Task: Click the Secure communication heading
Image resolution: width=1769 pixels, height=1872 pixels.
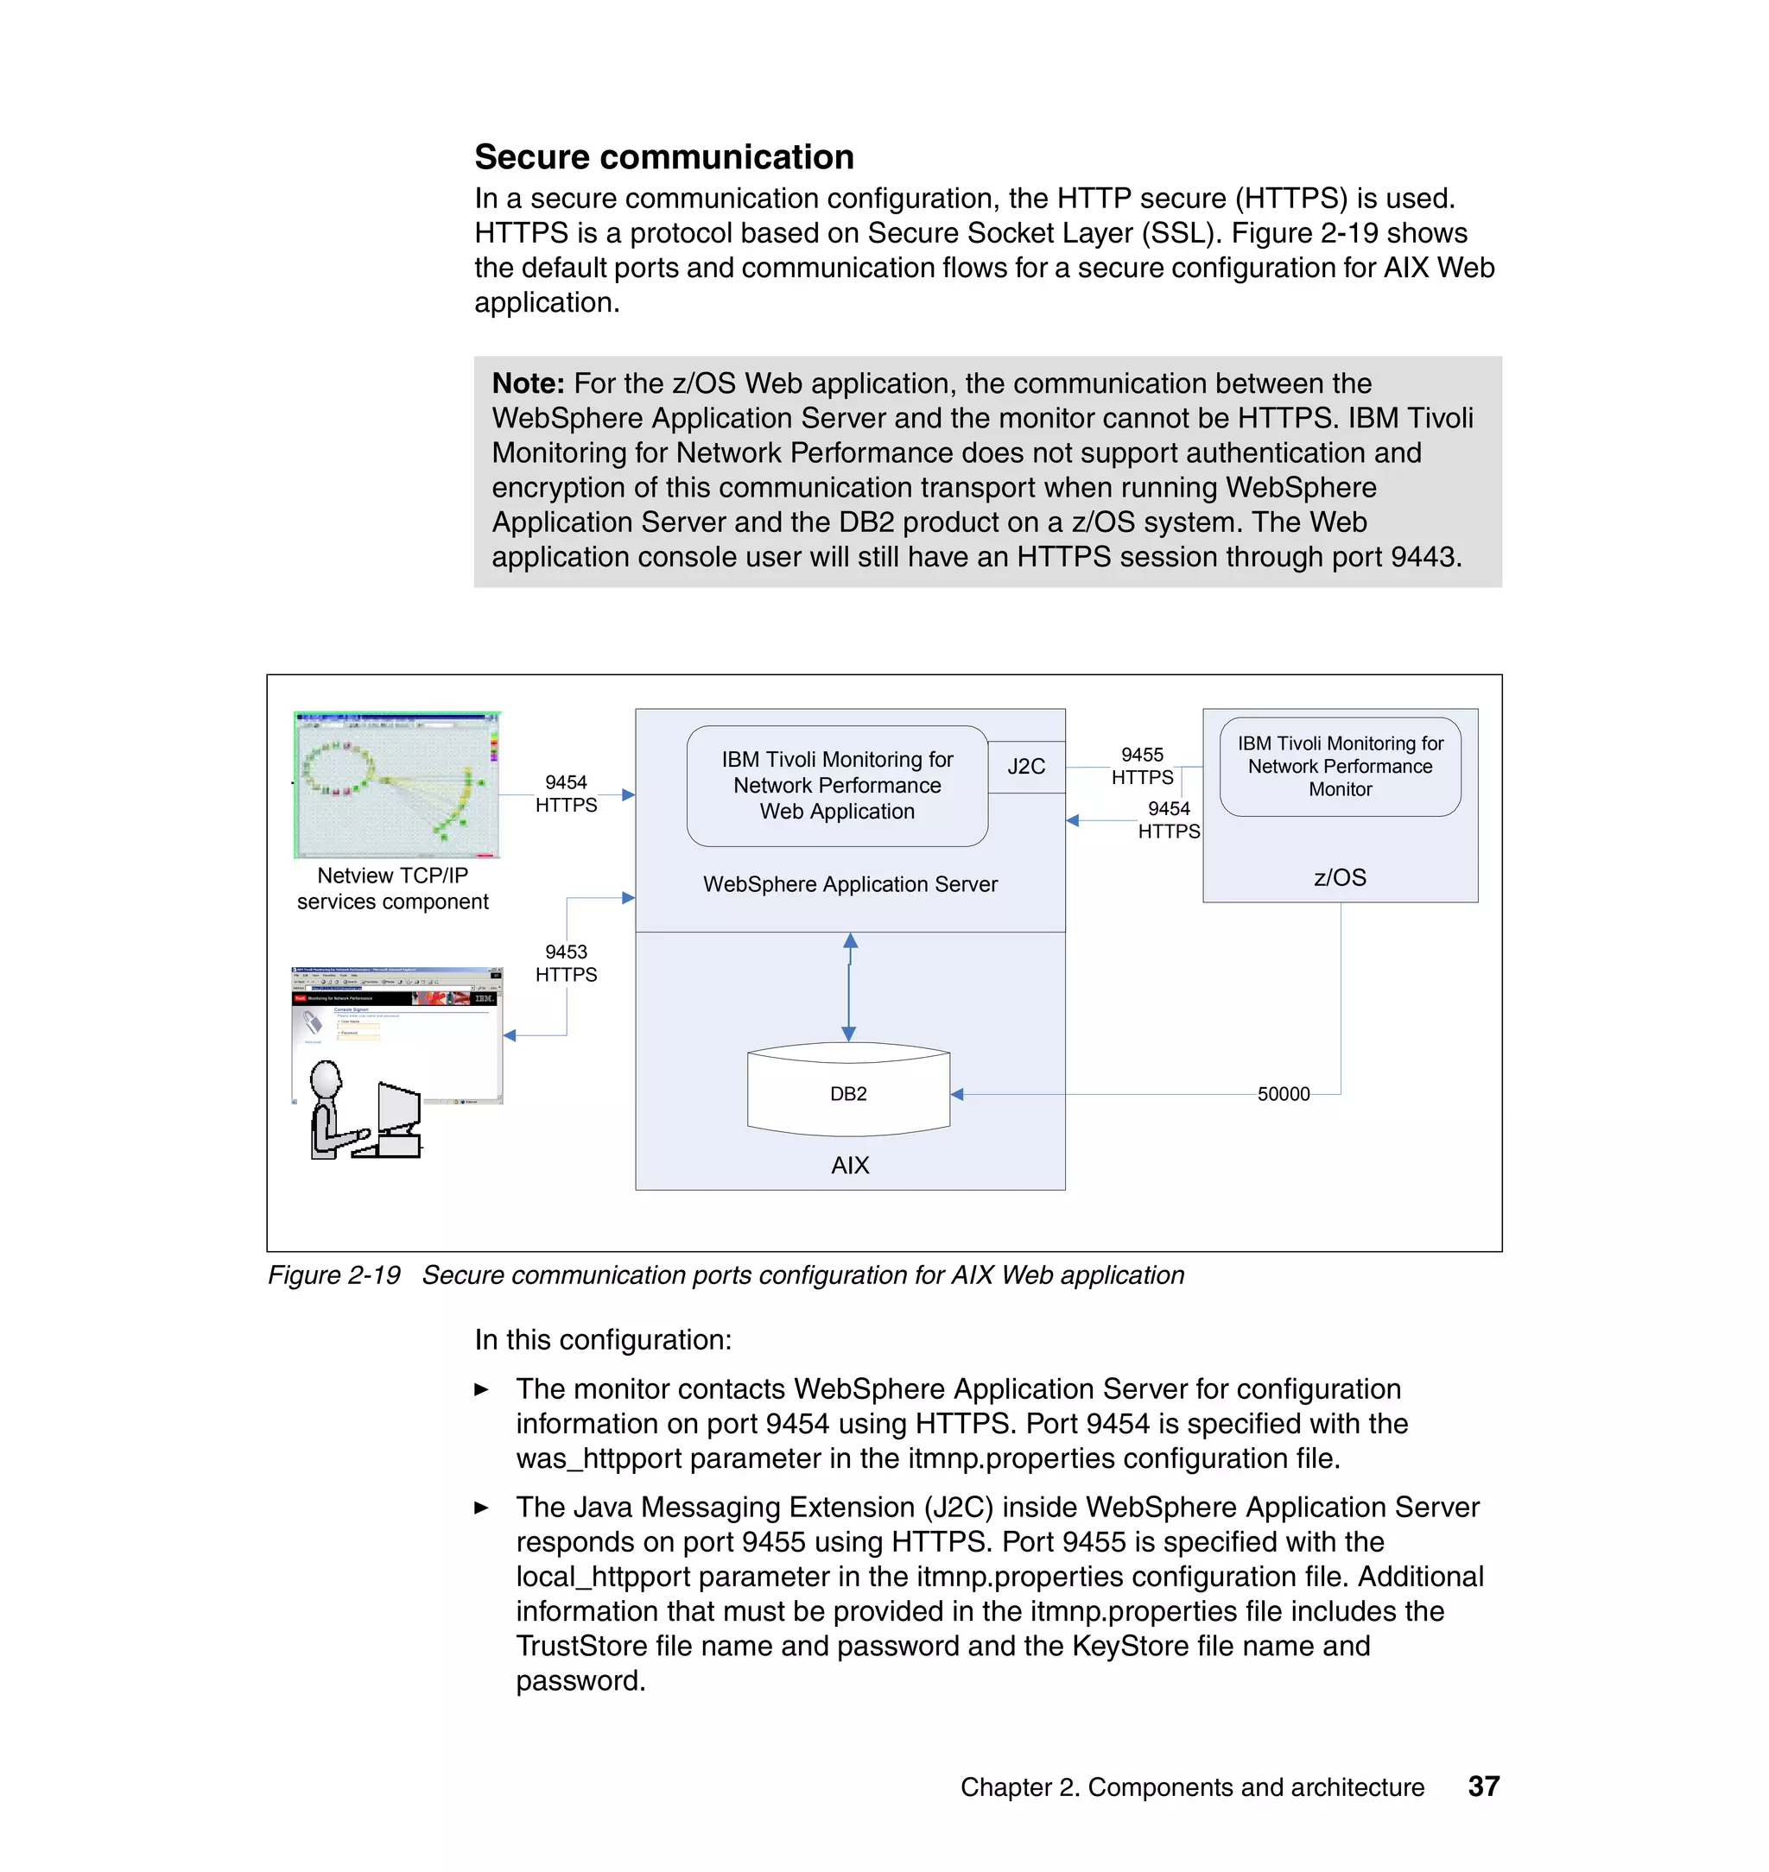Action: pyautogui.click(x=664, y=156)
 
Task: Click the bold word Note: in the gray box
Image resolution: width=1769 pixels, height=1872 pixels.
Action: pyautogui.click(x=528, y=383)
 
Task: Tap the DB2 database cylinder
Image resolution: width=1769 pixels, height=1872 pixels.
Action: pyautogui.click(x=847, y=1091)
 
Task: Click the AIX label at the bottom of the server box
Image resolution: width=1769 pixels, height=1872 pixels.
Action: pyautogui.click(x=850, y=1165)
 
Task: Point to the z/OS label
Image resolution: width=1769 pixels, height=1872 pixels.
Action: pyautogui.click(x=1339, y=877)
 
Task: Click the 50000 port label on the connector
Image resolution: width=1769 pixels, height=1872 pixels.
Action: pyautogui.click(x=1284, y=1093)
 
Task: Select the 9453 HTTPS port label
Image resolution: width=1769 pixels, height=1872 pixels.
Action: pyautogui.click(x=566, y=964)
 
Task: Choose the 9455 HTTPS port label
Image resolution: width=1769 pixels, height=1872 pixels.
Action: pyautogui.click(x=1142, y=765)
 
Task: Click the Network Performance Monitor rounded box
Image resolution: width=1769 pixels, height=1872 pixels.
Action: pyautogui.click(x=1339, y=767)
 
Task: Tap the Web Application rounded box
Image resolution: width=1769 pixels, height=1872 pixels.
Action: pyautogui.click(x=837, y=785)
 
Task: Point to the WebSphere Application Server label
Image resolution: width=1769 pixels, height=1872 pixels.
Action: pyautogui.click(x=850, y=884)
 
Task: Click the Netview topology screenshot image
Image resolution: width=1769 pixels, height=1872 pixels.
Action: pyautogui.click(x=396, y=784)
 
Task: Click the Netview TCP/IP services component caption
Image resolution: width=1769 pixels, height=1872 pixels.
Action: pyautogui.click(x=392, y=888)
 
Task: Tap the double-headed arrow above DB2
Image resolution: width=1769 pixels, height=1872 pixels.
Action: pyautogui.click(x=849, y=987)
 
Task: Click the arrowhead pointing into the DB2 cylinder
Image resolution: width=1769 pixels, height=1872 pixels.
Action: pyautogui.click(x=957, y=1094)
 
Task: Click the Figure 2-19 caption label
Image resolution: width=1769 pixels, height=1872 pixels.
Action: pyautogui.click(x=333, y=1275)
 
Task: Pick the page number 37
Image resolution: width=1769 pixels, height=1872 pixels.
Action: pyautogui.click(x=1483, y=1787)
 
